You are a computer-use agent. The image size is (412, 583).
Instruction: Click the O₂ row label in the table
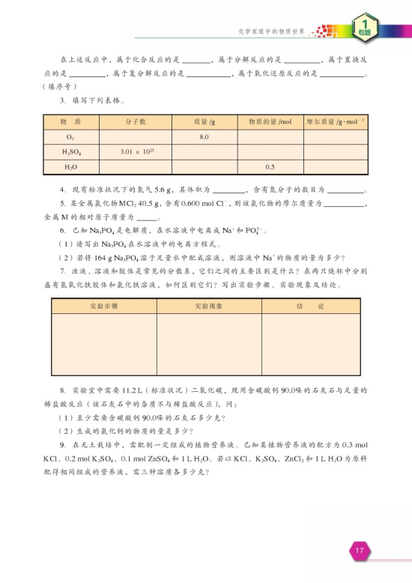point(70,137)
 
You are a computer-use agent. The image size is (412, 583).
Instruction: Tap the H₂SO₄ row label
point(70,152)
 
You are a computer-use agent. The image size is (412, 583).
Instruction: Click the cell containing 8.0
point(204,137)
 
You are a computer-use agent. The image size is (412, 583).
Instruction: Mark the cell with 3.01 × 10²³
point(136,152)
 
